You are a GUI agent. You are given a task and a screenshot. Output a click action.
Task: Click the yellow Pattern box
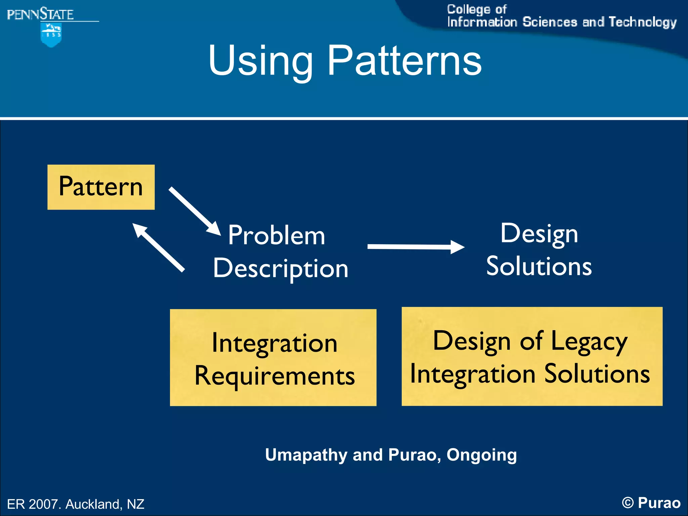point(101,187)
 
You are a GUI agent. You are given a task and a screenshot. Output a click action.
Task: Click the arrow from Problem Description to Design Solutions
point(416,247)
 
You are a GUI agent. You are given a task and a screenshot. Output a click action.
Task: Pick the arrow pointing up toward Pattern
point(158,247)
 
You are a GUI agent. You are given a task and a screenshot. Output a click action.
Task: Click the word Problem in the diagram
point(276,235)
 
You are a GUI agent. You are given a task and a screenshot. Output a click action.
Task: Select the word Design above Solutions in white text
point(539,233)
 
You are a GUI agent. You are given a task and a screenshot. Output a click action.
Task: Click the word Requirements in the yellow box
point(274,376)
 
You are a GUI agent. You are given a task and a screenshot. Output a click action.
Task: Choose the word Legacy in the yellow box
point(589,341)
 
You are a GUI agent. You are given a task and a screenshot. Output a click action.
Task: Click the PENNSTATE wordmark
point(40,14)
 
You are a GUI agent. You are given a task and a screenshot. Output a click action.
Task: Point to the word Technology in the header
point(642,22)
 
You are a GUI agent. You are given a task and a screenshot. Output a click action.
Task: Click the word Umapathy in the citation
point(306,455)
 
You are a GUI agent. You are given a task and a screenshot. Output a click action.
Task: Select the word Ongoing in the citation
point(481,455)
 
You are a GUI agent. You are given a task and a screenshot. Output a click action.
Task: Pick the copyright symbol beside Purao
point(628,503)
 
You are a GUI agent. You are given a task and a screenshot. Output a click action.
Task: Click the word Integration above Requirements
point(274,343)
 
